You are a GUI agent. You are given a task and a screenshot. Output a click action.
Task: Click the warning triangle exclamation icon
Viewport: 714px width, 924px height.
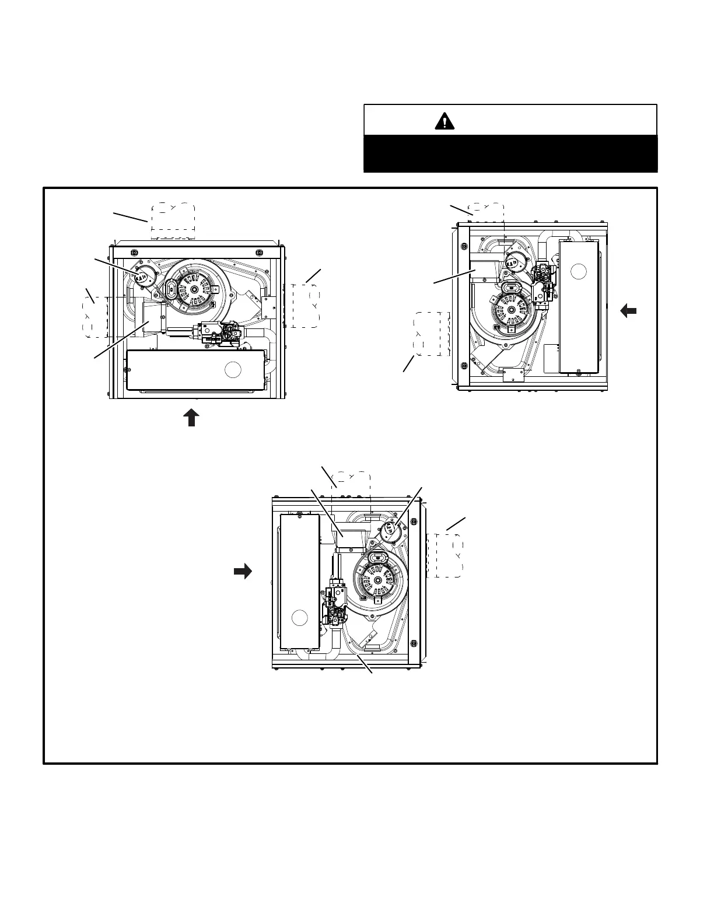click(444, 121)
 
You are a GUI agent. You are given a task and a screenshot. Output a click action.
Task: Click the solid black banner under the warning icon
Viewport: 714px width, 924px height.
click(510, 153)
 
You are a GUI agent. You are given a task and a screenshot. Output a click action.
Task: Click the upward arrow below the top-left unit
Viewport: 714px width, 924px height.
click(191, 418)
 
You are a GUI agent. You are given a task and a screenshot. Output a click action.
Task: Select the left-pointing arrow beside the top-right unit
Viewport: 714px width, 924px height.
click(628, 311)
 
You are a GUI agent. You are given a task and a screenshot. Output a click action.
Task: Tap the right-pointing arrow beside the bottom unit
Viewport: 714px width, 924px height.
click(243, 571)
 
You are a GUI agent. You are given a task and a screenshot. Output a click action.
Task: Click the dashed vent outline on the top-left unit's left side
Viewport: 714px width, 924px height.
click(95, 317)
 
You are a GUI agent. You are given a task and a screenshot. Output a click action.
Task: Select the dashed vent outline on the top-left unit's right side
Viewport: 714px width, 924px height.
click(305, 306)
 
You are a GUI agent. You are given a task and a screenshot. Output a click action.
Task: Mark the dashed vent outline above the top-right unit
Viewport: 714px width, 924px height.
click(487, 212)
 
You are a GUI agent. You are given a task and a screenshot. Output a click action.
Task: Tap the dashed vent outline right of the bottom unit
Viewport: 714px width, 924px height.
click(446, 555)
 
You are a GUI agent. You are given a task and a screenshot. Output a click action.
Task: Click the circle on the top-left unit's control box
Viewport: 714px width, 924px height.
click(233, 369)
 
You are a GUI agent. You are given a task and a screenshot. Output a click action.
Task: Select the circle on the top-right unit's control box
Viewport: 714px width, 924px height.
click(578, 271)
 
